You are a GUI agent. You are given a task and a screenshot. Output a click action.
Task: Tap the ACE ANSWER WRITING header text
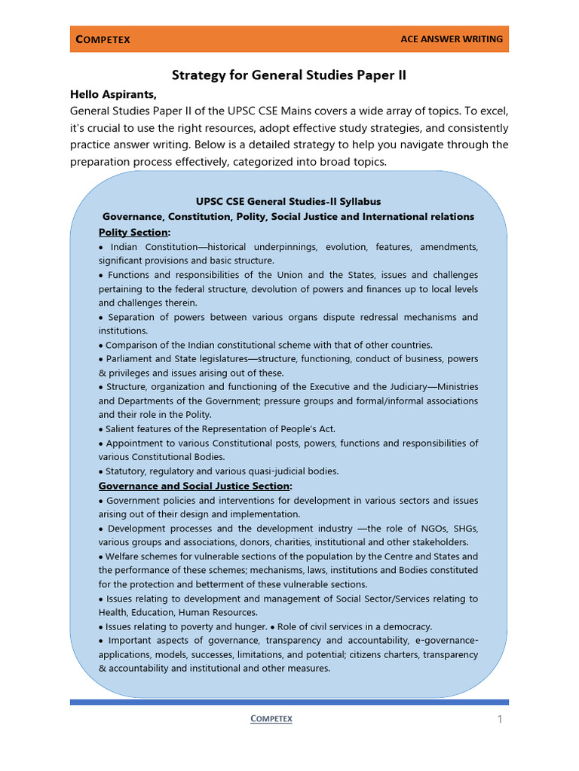coord(452,39)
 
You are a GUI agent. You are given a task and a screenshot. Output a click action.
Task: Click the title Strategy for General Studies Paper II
coord(289,75)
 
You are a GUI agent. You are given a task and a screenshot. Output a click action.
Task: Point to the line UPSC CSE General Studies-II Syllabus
coord(289,202)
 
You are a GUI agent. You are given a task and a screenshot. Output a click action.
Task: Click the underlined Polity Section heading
coord(133,232)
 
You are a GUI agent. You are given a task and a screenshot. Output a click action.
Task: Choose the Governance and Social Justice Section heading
coord(194,486)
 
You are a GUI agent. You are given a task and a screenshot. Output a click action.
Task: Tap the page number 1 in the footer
coord(499,720)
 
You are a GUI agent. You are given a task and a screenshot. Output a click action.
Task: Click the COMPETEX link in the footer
coord(271,719)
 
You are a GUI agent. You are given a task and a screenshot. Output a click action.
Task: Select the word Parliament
coord(131,359)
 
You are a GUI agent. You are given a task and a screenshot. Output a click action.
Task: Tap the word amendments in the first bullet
coord(449,247)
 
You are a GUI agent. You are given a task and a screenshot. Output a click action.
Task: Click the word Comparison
coord(133,345)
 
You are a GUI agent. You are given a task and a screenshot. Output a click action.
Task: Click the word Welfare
coord(124,556)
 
